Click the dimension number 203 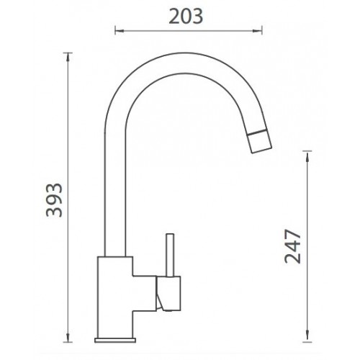[x=186, y=17]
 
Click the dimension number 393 [x=54, y=200]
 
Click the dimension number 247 [x=292, y=246]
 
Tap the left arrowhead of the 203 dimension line [x=120, y=31]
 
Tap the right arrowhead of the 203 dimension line [x=258, y=31]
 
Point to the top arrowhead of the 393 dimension [x=68, y=57]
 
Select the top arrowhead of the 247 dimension [x=307, y=156]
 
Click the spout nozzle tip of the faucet [x=260, y=141]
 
